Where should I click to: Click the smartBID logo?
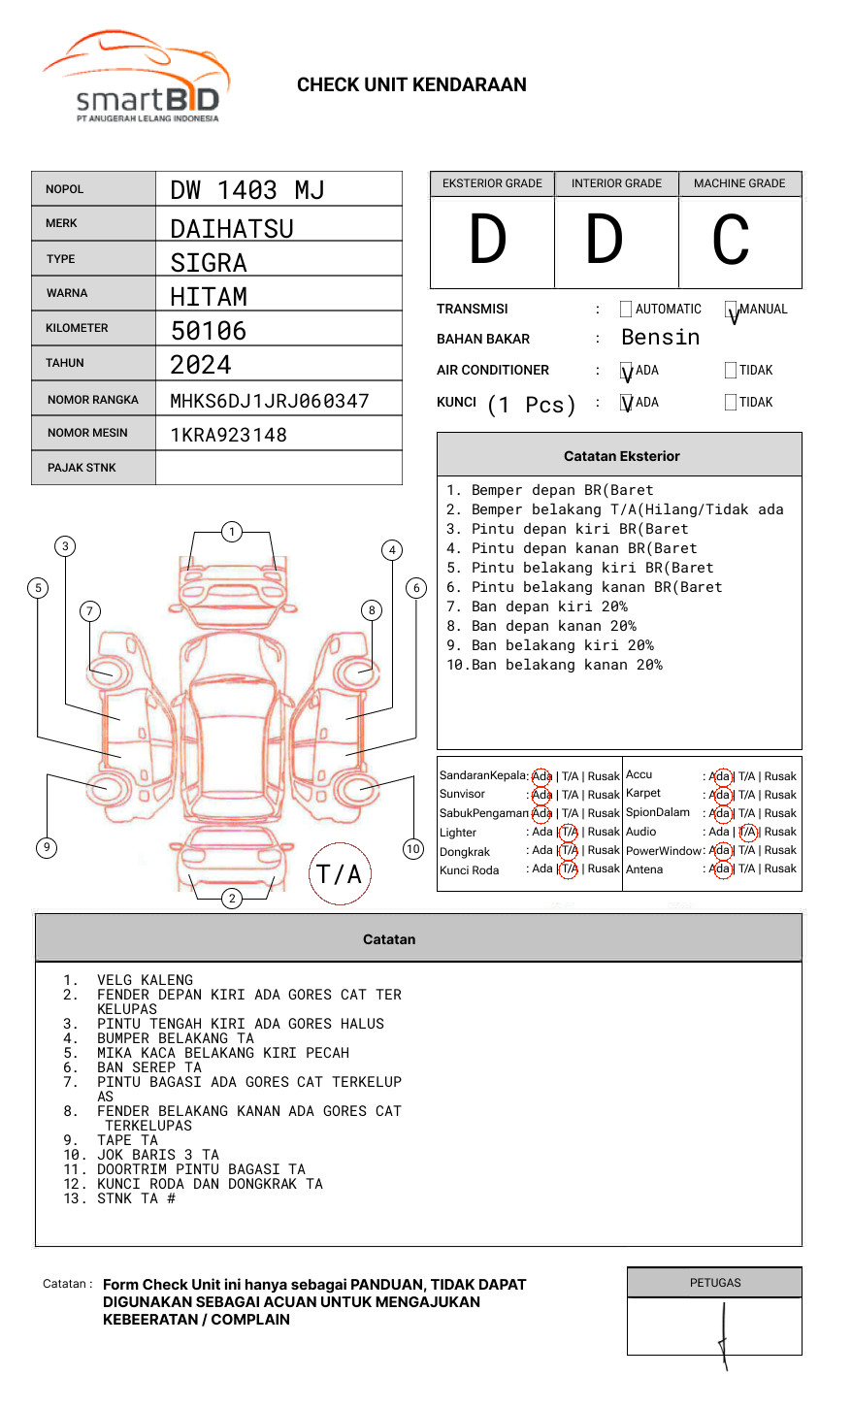[136, 78]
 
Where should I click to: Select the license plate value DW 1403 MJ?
[246, 190]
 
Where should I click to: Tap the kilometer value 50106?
[208, 331]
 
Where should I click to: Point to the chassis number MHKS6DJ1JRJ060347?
[269, 401]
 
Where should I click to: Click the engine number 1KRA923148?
[228, 435]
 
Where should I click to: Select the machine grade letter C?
[731, 240]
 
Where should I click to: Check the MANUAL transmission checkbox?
[731, 310]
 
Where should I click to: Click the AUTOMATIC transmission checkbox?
[626, 310]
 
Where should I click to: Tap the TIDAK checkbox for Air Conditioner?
[731, 371]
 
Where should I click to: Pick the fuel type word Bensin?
[660, 338]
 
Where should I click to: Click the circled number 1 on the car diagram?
[231, 532]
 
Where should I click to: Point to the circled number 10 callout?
[413, 849]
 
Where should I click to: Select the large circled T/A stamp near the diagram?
[340, 873]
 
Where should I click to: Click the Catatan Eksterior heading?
[621, 456]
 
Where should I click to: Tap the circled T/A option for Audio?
[747, 832]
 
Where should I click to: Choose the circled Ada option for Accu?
[720, 776]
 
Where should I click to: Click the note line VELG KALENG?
[145, 980]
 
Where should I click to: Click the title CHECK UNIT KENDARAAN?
[411, 85]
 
